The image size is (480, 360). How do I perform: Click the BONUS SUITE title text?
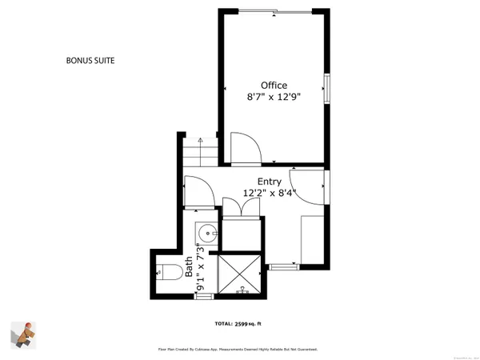96,59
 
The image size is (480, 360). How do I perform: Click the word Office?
273,85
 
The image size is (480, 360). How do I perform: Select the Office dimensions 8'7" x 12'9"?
273,98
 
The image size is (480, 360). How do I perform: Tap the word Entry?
270,181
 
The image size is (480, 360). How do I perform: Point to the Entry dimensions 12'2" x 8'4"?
270,193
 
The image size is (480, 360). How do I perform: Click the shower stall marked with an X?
240,274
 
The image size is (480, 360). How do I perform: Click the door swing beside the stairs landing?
197,189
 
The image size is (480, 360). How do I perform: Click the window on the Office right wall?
326,89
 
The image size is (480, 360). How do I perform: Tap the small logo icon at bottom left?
24,334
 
